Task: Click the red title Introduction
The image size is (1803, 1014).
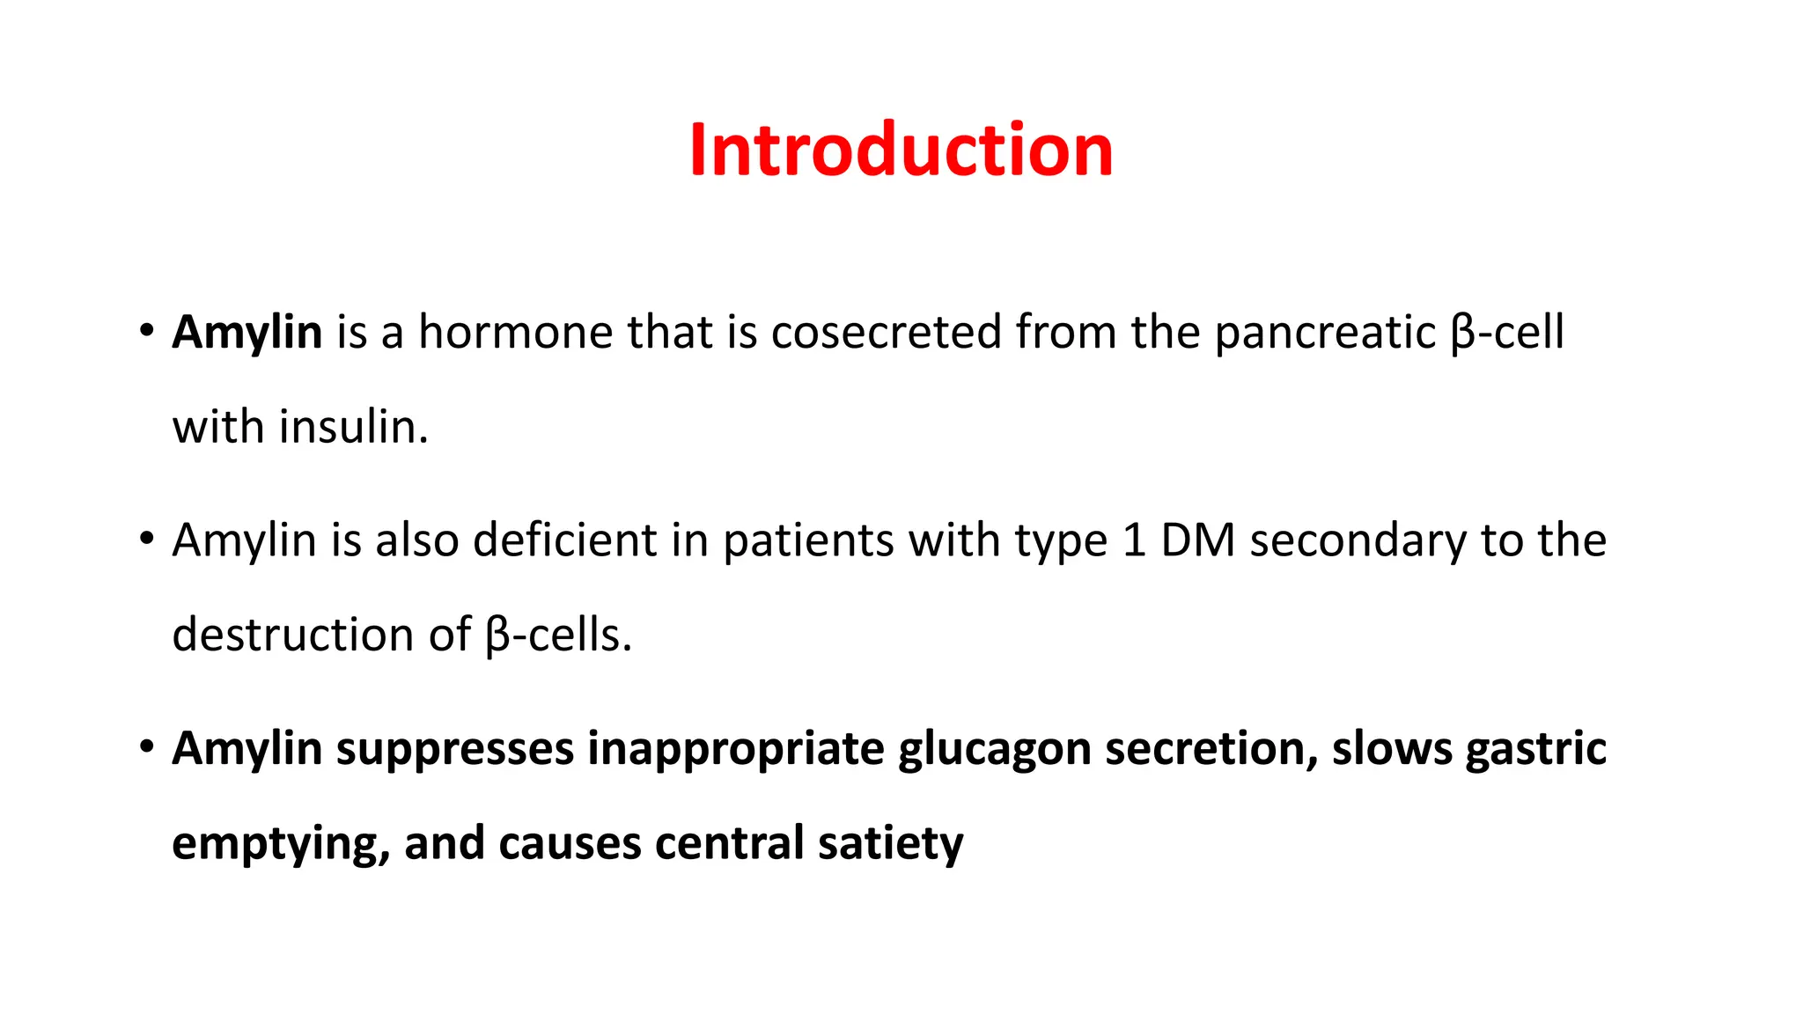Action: (x=901, y=150)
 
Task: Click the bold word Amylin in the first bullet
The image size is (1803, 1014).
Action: (x=247, y=333)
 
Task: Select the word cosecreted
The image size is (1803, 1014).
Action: (x=886, y=333)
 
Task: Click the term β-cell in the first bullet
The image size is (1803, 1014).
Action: (x=1507, y=334)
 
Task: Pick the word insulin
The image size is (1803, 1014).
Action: (x=353, y=427)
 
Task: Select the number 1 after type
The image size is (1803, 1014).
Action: (x=1134, y=540)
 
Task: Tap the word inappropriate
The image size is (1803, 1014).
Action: (x=736, y=750)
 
